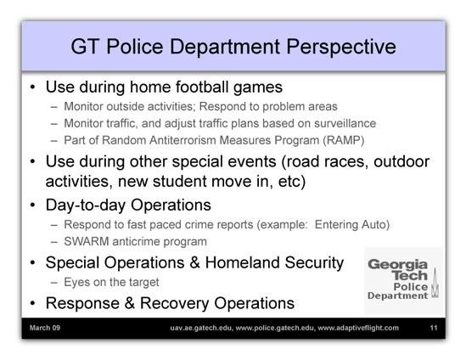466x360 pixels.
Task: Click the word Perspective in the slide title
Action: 341,48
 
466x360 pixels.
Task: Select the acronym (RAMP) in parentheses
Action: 344,140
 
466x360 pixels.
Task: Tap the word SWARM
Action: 87,241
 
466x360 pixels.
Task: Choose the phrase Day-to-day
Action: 86,205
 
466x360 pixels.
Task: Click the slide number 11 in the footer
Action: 434,328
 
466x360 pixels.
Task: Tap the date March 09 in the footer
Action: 45,328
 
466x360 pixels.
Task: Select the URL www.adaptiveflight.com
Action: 358,329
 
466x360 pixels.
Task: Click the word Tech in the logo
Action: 411,276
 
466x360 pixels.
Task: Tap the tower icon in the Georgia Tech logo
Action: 435,283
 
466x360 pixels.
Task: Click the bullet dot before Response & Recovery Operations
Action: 33,303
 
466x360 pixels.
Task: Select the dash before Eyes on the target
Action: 53,282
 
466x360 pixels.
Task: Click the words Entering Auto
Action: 352,225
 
